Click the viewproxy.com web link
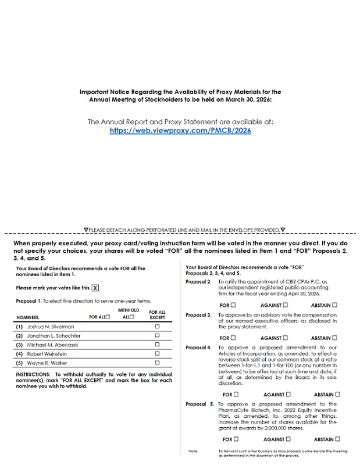click(x=180, y=131)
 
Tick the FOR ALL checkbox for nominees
click(x=108, y=317)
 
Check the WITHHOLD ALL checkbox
click(x=133, y=317)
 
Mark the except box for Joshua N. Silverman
click(x=157, y=327)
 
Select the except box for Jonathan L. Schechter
click(x=157, y=335)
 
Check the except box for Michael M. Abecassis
click(x=157, y=345)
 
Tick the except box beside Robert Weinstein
click(x=157, y=353)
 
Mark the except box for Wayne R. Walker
click(x=157, y=363)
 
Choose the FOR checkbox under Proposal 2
click(x=234, y=305)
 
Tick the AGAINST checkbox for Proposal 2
click(x=286, y=305)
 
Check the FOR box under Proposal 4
click(x=236, y=394)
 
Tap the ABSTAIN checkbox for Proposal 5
click(x=338, y=439)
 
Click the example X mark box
click(x=95, y=288)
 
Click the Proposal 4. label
click(x=198, y=348)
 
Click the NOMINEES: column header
click(x=28, y=317)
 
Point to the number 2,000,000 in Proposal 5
click(x=269, y=428)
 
